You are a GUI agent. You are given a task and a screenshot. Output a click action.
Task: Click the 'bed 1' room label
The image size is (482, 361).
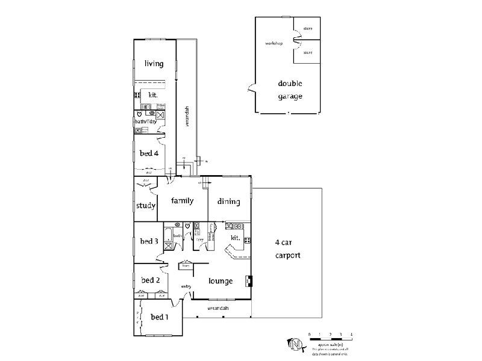pyautogui.click(x=160, y=317)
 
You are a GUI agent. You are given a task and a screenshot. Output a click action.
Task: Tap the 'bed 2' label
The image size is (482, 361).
pyautogui.click(x=150, y=280)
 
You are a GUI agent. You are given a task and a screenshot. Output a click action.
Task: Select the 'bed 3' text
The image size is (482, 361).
pyautogui.click(x=149, y=241)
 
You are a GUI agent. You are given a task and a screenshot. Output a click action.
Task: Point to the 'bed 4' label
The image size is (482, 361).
pyautogui.click(x=149, y=153)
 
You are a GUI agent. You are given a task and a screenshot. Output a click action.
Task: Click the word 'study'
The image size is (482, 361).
pyautogui.click(x=145, y=205)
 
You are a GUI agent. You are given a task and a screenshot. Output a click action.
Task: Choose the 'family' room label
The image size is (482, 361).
pyautogui.click(x=182, y=200)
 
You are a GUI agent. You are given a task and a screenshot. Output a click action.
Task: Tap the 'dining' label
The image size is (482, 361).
pyautogui.click(x=228, y=202)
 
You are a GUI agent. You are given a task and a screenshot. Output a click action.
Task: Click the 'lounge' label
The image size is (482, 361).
pyautogui.click(x=221, y=280)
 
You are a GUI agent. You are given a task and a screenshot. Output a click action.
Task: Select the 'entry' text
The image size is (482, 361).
pyautogui.click(x=186, y=286)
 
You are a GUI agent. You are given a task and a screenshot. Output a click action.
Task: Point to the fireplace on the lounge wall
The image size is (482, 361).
pyautogui.click(x=248, y=280)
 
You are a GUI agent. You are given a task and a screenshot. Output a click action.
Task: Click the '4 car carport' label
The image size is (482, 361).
pyautogui.click(x=287, y=249)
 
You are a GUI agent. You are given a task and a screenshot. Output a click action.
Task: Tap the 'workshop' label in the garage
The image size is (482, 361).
pyautogui.click(x=274, y=44)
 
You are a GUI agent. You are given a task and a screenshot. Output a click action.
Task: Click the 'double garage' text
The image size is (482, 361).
pyautogui.click(x=290, y=90)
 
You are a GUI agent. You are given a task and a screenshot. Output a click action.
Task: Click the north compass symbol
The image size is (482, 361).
pyautogui.click(x=295, y=345)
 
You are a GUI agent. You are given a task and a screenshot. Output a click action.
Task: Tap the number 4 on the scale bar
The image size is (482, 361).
pyautogui.click(x=351, y=334)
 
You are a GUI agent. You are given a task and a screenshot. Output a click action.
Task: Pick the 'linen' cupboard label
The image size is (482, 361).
pyautogui.click(x=186, y=265)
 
